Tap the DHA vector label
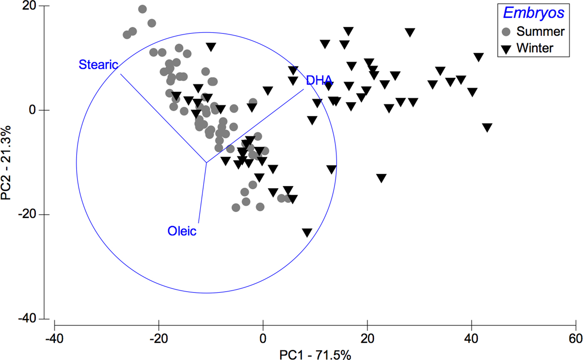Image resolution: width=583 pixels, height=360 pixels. (319, 80)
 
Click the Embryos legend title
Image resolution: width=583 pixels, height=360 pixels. (533, 13)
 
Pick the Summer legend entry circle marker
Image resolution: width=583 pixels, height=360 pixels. (506, 31)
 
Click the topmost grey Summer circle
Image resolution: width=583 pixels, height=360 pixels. (142, 9)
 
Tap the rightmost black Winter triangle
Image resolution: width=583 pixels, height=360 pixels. (487, 127)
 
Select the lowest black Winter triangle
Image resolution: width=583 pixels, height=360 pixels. (307, 232)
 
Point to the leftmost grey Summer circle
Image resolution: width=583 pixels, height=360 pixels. (127, 35)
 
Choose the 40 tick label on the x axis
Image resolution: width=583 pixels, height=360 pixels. (471, 336)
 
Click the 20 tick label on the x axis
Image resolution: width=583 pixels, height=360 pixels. (367, 336)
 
